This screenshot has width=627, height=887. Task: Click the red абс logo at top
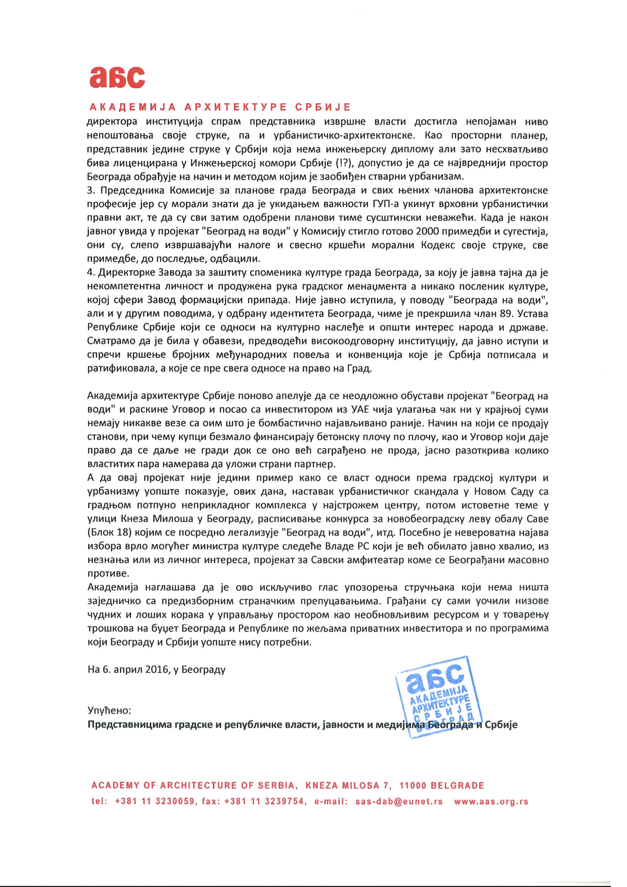[117, 77]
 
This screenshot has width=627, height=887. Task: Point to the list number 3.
[91, 191]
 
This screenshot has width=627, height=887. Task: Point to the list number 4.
[91, 273]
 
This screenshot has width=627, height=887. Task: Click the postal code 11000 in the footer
[413, 785]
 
